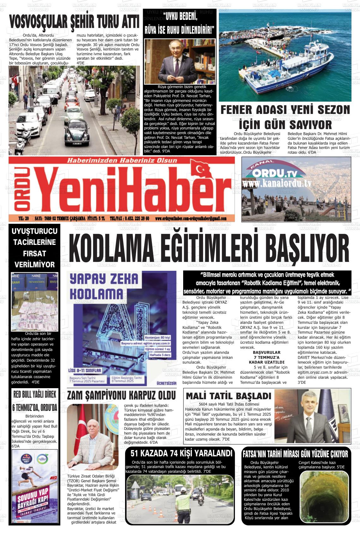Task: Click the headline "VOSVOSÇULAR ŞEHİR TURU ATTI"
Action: pyautogui.click(x=74, y=22)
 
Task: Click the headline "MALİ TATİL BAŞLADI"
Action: pyautogui.click(x=228, y=396)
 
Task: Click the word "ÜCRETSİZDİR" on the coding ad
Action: pyautogui.click(x=166, y=383)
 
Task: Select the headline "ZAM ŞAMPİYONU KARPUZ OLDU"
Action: pyautogui.click(x=121, y=395)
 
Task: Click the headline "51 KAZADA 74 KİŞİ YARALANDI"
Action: pyautogui.click(x=181, y=454)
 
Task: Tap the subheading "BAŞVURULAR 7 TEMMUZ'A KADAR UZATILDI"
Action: pyautogui.click(x=267, y=357)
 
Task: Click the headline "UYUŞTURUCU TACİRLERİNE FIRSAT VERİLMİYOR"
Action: pyautogui.click(x=35, y=248)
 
